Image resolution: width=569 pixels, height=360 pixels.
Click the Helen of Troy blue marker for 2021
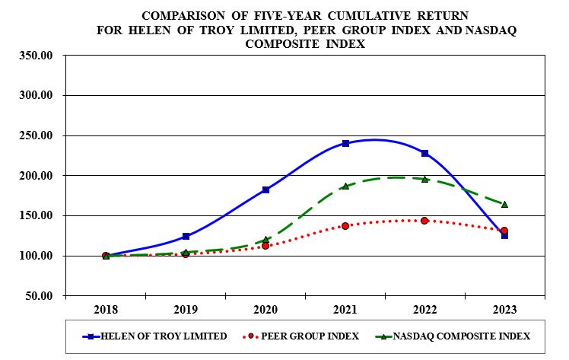click(345, 143)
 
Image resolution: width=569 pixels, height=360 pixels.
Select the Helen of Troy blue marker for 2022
click(424, 153)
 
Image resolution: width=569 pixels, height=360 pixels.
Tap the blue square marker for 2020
click(265, 190)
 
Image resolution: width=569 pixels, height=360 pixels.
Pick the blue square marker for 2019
click(186, 236)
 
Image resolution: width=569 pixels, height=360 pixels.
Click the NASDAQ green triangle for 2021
click(345, 186)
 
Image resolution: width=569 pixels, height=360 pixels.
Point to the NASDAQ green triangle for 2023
click(504, 204)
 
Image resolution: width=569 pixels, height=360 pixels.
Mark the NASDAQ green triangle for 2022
click(424, 179)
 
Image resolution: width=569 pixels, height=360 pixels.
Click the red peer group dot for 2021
click(345, 226)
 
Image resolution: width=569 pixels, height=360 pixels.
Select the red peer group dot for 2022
click(424, 221)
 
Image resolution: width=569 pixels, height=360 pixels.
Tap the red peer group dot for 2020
click(265, 246)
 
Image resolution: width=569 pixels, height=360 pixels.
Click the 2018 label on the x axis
click(106, 310)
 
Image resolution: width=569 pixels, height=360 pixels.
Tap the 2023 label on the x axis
click(504, 310)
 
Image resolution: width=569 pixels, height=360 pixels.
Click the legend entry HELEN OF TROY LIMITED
click(164, 336)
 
